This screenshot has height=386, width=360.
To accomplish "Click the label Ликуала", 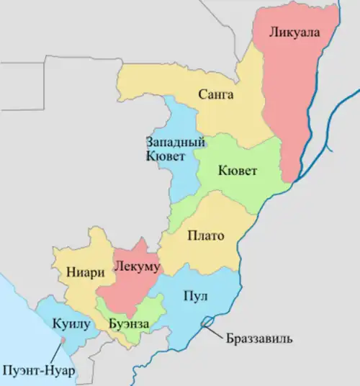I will click(294, 32).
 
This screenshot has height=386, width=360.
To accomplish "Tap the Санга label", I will click(215, 94).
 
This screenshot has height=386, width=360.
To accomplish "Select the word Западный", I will click(171, 141).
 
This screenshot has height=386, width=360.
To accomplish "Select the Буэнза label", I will click(130, 324).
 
